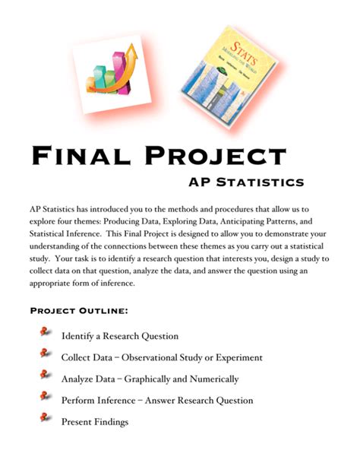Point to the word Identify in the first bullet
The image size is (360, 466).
pyautogui.click(x=77, y=336)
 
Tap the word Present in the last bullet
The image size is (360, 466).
pyautogui.click(x=77, y=422)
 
